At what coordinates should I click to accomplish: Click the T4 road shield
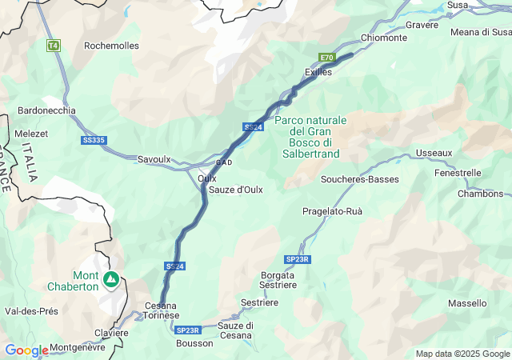(x=53, y=46)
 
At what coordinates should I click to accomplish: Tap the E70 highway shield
(x=326, y=58)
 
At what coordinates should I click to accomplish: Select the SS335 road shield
(x=94, y=140)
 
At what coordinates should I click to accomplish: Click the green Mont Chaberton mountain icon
(x=111, y=280)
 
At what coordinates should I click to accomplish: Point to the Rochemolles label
(x=111, y=46)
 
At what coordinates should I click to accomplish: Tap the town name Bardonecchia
(x=46, y=110)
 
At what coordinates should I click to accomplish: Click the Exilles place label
(x=318, y=72)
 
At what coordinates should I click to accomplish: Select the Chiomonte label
(x=383, y=38)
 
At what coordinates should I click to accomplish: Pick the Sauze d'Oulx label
(x=236, y=190)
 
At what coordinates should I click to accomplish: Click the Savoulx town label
(x=154, y=159)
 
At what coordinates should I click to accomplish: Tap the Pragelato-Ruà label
(x=332, y=211)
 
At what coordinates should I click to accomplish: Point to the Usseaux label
(x=434, y=153)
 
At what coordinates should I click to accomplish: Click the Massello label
(x=467, y=303)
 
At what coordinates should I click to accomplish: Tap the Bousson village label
(x=195, y=343)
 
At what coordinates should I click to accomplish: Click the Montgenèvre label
(x=78, y=347)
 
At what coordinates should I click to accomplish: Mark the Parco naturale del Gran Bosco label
(x=311, y=137)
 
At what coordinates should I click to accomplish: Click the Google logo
(x=26, y=350)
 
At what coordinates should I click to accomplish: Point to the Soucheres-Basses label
(x=359, y=179)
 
